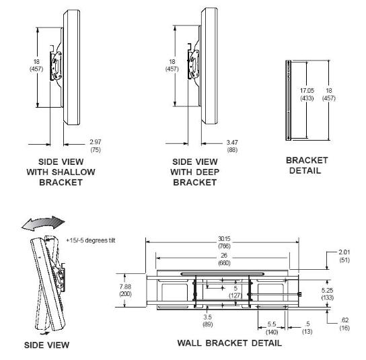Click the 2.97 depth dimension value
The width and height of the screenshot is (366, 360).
(96, 142)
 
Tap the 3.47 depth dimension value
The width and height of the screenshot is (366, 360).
(232, 142)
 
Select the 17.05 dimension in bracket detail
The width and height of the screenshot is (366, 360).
(307, 90)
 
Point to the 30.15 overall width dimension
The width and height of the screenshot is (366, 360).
(224, 239)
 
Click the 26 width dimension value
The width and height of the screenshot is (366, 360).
(224, 256)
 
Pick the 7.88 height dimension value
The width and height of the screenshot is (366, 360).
(125, 287)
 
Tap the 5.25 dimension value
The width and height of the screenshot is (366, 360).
(327, 290)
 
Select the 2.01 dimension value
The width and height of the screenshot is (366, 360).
(344, 252)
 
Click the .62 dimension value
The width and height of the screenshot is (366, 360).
(344, 320)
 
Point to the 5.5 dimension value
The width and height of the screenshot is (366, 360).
(272, 324)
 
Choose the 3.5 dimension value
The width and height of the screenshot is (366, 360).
(207, 317)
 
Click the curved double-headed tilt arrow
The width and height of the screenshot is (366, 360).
(43, 223)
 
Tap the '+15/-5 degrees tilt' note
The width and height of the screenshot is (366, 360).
(91, 240)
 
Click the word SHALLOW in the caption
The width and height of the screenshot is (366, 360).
(73, 172)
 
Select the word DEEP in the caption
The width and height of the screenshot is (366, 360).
(207, 172)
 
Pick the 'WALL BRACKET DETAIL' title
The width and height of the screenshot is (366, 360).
(229, 343)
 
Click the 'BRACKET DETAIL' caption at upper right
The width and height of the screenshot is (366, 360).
(307, 166)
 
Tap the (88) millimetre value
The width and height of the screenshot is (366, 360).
(232, 149)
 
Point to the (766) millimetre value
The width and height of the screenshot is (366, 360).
(224, 246)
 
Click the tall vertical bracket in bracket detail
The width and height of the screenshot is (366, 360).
(288, 100)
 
